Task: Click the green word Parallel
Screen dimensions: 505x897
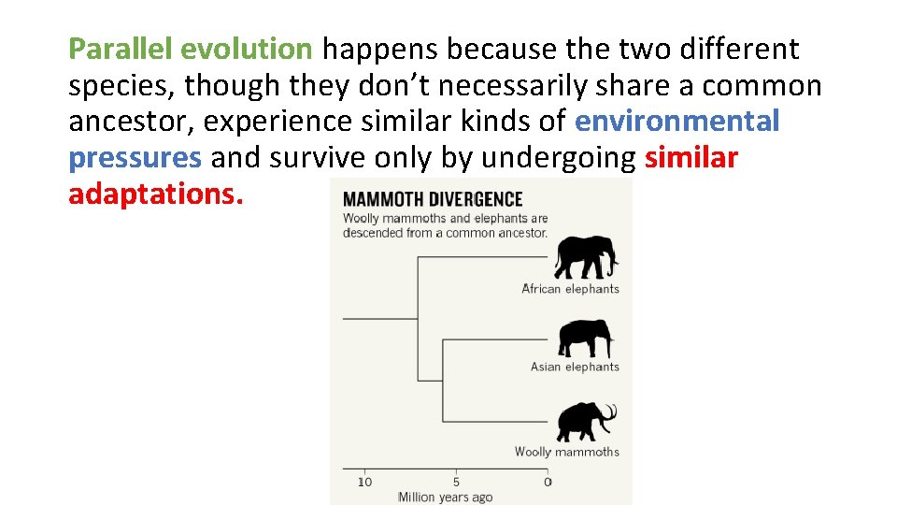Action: (x=121, y=49)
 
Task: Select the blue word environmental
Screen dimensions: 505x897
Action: (x=676, y=122)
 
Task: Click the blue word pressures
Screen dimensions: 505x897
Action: (x=135, y=158)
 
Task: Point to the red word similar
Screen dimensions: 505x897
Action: (x=691, y=158)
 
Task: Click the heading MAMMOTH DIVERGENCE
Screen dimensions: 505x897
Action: (x=432, y=199)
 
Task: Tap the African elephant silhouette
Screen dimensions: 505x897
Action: (x=586, y=257)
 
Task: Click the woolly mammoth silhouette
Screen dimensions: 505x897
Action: (x=582, y=422)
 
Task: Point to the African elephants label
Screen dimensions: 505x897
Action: (x=570, y=289)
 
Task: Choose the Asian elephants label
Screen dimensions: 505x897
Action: (x=575, y=367)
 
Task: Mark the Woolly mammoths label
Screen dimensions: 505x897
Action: (x=566, y=452)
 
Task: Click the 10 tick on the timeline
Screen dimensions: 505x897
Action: (x=364, y=481)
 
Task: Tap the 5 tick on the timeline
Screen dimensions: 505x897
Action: (x=456, y=481)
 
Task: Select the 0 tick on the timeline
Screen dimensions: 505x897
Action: (x=548, y=481)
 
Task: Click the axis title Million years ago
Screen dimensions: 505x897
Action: (x=445, y=497)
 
